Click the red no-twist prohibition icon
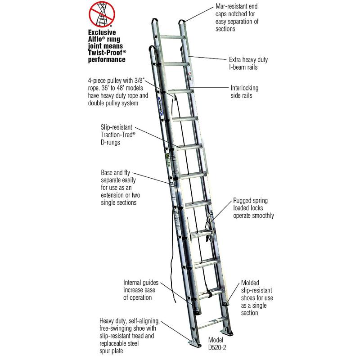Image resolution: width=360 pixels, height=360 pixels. [102, 14]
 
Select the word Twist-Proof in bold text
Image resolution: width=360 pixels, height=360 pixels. [105, 53]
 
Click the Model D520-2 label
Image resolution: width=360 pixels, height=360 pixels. [217, 343]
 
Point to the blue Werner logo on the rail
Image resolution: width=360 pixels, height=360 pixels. [160, 104]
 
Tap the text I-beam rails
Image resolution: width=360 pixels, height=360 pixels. [243, 67]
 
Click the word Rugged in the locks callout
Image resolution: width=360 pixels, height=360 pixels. [241, 201]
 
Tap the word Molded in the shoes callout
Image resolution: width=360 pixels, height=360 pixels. [250, 283]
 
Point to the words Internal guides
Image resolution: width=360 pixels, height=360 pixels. [141, 283]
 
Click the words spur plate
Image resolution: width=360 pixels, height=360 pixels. [111, 351]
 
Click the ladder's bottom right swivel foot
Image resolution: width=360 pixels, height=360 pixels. [226, 332]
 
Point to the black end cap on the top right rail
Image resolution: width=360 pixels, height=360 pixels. [181, 22]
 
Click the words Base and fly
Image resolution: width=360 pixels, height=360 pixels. [116, 173]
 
